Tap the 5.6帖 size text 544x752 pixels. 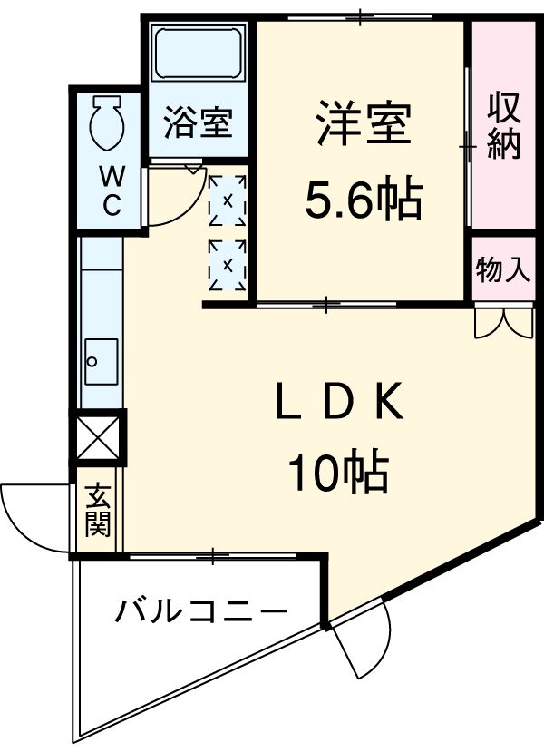pos(362,200)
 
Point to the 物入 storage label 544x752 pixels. pos(503,269)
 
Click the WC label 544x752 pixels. pos(110,189)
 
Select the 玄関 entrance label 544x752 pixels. pos(98,510)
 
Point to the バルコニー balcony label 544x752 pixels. pos(200,613)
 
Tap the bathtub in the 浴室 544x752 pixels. pos(197,54)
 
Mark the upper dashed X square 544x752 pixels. pos(227,200)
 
